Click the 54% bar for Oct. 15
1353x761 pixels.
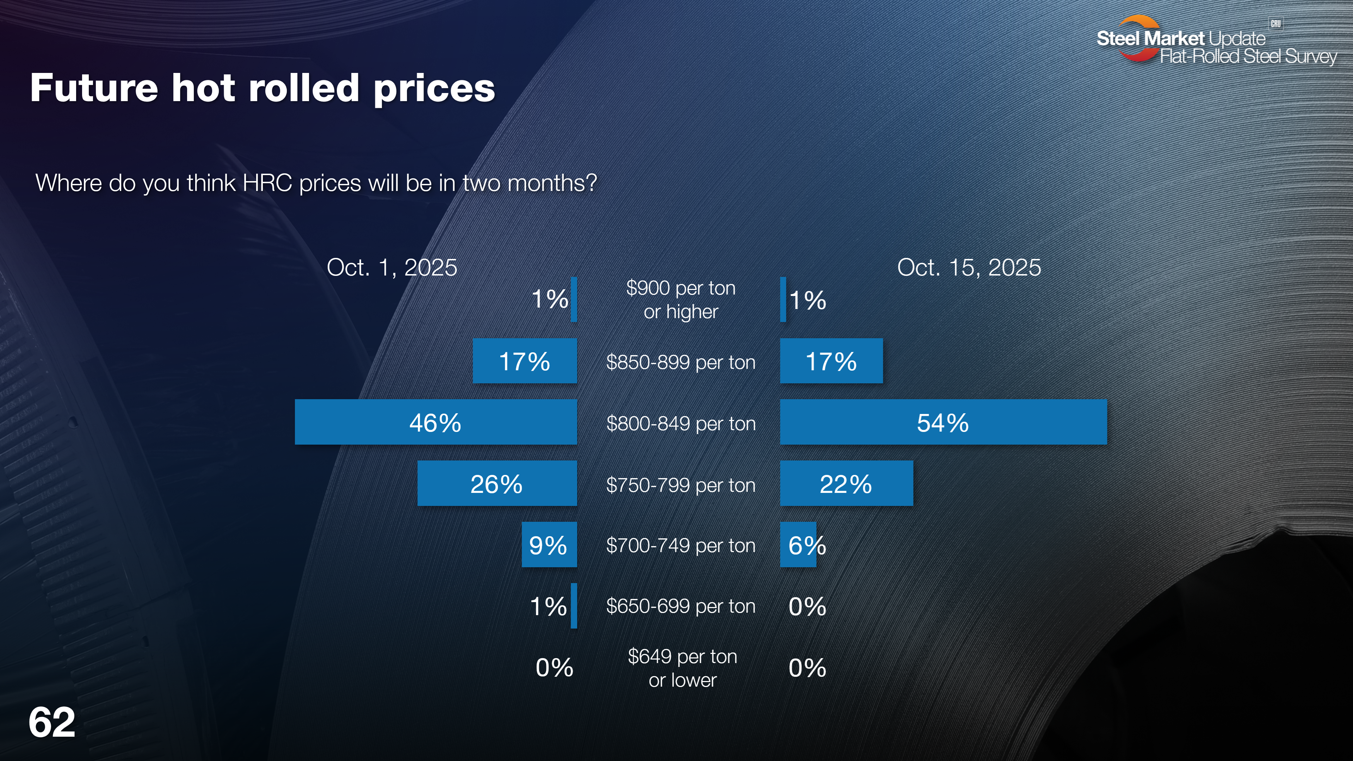943,422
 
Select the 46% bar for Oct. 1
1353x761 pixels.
435,422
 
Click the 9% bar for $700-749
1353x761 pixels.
549,545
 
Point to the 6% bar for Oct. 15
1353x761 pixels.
798,545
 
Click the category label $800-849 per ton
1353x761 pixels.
681,423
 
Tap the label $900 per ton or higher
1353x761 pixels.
681,300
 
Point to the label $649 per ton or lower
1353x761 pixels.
682,668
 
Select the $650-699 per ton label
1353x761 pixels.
681,606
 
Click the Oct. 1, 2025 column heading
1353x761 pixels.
392,267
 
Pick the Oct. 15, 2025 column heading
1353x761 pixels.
969,267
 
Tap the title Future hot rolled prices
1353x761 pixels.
262,88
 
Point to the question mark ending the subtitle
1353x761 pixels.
592,183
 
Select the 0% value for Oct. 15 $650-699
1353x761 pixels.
807,607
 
